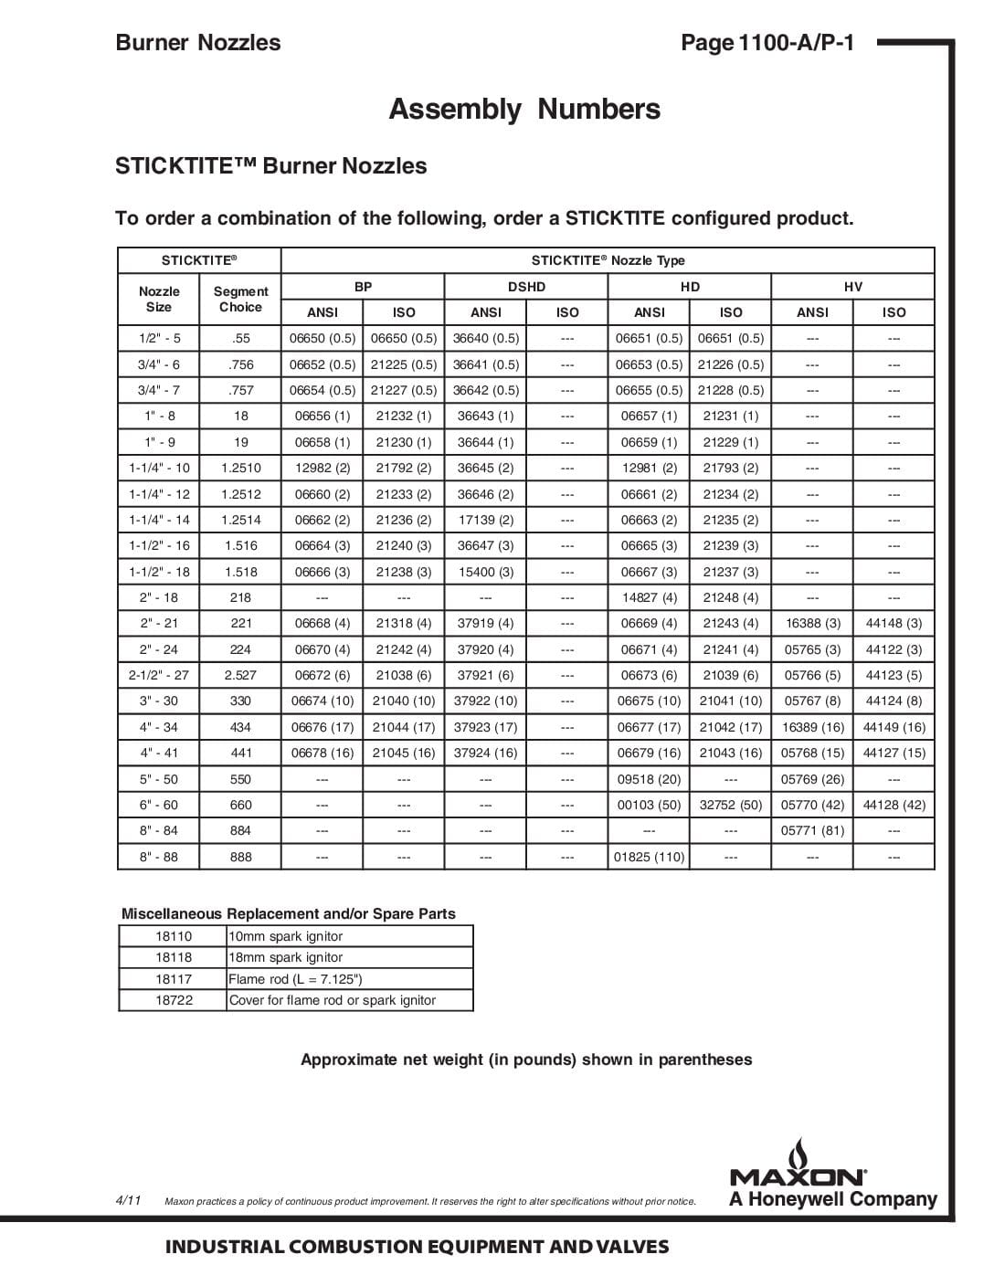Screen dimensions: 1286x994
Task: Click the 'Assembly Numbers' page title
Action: coord(524,109)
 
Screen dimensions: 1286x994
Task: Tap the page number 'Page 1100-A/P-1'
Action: coord(767,42)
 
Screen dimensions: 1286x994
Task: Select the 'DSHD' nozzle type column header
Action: coord(526,287)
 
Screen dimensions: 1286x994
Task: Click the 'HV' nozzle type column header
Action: coord(852,287)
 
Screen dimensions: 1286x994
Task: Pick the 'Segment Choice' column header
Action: coord(240,300)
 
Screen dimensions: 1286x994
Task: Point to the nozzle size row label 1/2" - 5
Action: coord(160,338)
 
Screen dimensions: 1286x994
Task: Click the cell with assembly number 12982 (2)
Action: coord(322,468)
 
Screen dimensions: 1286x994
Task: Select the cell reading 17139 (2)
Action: coord(485,520)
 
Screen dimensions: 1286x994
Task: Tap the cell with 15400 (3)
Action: coord(485,572)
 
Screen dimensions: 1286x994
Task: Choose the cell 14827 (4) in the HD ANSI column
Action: coord(649,597)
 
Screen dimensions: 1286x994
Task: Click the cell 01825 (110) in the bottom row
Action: coord(649,857)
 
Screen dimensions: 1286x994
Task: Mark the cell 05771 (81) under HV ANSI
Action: coord(812,830)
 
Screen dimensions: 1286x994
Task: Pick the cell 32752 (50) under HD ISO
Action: coord(730,805)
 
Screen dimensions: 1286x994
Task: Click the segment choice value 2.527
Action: coord(240,675)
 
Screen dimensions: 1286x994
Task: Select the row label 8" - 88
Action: coord(159,857)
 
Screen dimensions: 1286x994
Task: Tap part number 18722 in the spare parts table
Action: coord(174,1000)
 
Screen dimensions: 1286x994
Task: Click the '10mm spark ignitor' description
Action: coord(286,936)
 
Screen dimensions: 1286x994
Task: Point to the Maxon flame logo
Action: coord(799,1152)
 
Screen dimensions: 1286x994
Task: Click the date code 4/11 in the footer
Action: coord(128,1200)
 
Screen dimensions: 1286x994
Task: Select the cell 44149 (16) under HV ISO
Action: coord(894,727)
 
